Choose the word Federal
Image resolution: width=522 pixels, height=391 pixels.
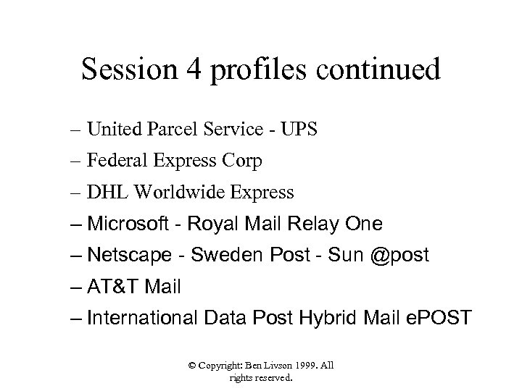[x=115, y=161]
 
